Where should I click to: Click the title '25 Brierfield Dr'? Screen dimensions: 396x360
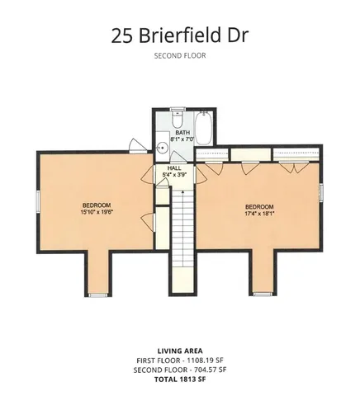[179, 35]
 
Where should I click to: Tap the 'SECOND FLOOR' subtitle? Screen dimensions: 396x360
[179, 56]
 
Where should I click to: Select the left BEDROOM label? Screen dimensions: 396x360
[96, 205]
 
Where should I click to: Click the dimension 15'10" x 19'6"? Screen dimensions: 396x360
[96, 211]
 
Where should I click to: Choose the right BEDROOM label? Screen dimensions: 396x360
[259, 206]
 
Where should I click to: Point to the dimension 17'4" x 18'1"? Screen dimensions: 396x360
[259, 213]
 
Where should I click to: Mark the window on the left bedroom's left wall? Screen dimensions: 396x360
[36, 204]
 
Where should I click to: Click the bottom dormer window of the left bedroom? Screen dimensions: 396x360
[97, 294]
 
